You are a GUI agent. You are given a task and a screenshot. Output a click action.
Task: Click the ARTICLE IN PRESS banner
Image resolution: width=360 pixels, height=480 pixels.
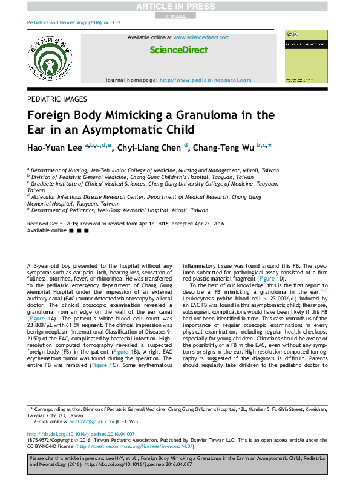pyautogui.click(x=180, y=6)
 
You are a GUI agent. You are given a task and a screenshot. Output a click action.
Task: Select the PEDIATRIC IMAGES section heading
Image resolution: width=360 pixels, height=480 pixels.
pyautogui.click(x=57, y=99)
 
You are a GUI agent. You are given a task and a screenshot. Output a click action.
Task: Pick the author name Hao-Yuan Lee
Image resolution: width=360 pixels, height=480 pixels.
pyautogui.click(x=55, y=146)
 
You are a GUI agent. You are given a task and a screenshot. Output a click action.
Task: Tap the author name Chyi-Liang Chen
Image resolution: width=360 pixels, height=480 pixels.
pyautogui.click(x=150, y=146)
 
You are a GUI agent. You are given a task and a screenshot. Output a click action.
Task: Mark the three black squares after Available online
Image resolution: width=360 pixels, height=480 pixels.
pyautogui.click(x=79, y=231)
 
